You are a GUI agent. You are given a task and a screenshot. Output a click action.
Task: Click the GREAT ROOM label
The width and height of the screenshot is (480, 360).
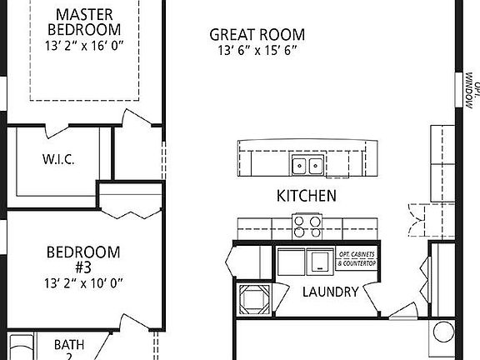point(257,35)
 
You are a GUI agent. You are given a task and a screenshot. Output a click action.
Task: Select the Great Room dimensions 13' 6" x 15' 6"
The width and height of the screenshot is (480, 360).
point(257,50)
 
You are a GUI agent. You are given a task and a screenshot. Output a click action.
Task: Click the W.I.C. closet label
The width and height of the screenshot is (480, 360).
point(57,159)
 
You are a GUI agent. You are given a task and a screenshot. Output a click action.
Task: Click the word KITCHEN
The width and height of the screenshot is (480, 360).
point(307,197)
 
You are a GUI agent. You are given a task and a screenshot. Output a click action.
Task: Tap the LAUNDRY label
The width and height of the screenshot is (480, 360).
point(330,292)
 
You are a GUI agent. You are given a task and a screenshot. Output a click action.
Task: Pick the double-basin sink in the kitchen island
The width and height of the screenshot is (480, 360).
point(306,165)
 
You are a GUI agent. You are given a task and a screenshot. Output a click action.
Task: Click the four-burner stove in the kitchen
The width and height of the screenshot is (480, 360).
point(306,223)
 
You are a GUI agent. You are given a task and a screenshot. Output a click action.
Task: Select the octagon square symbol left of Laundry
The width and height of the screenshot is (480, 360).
point(252,299)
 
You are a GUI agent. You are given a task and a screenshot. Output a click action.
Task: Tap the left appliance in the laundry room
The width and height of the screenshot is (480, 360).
point(292,261)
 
